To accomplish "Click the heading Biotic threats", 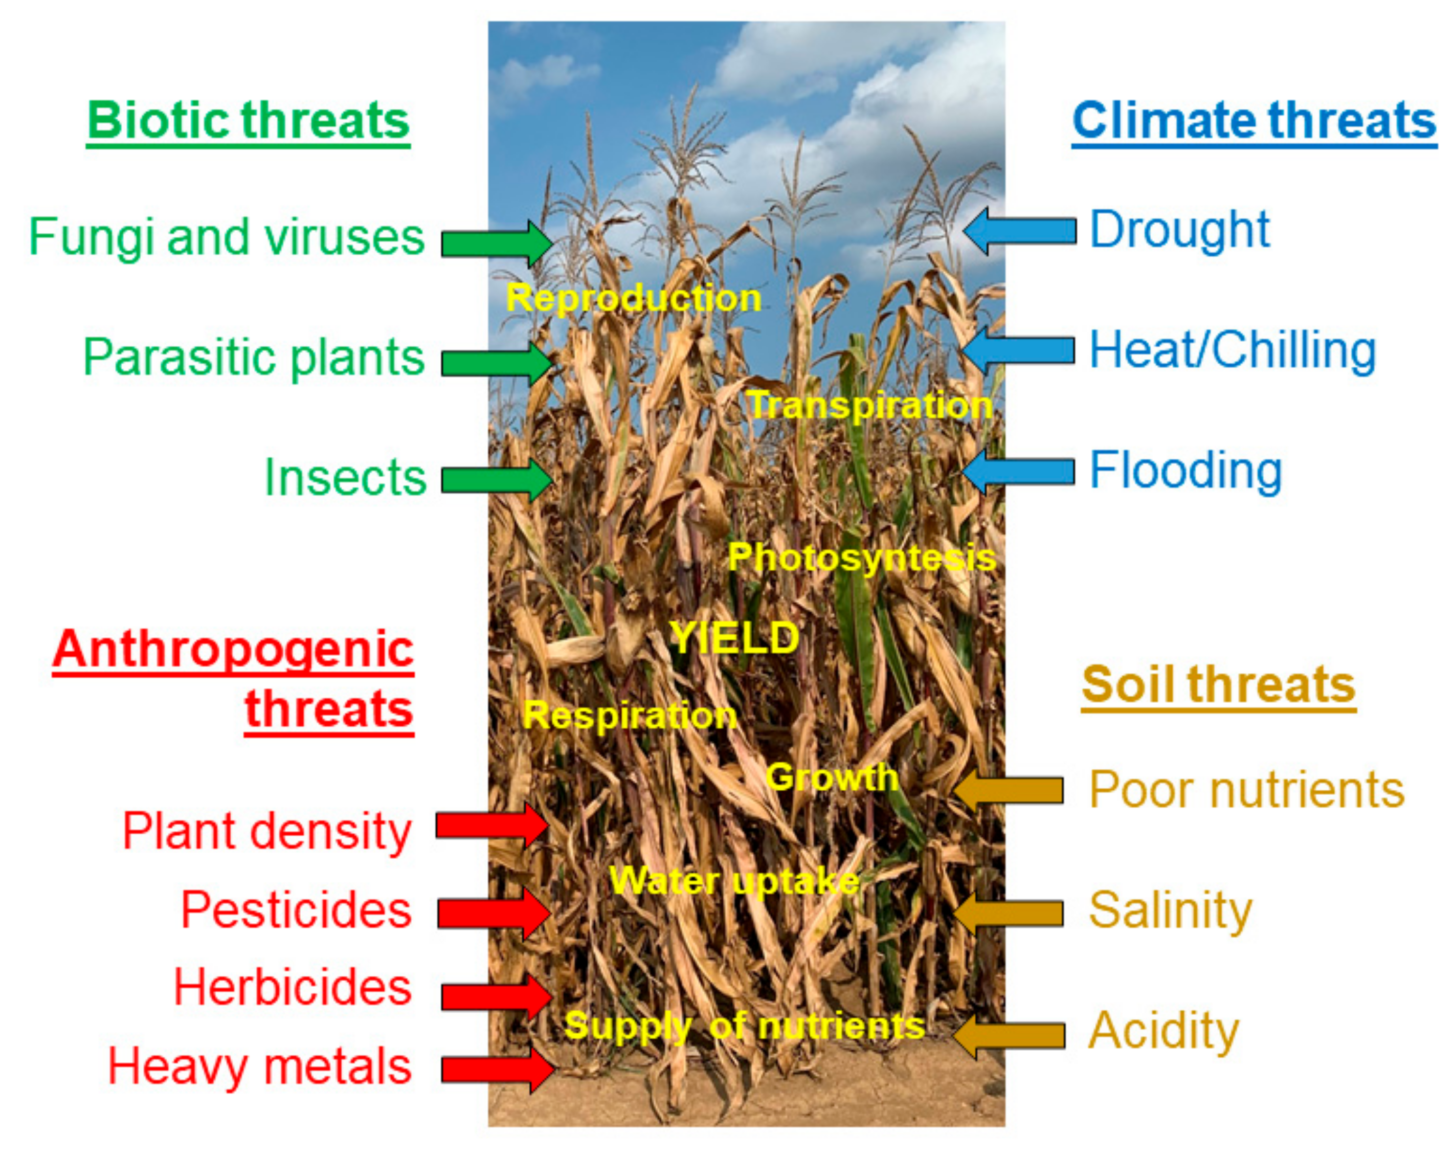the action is point(248,121).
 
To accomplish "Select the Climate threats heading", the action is point(1254,121).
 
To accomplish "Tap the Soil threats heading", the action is point(1218,685).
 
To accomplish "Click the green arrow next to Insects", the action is point(497,480).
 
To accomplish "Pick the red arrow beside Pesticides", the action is point(494,913).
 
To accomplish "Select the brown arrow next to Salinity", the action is point(1008,914).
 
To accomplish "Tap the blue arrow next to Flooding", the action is point(1019,471).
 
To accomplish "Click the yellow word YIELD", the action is point(734,637).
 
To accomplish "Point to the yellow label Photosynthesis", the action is point(862,558).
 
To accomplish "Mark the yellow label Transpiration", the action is point(870,406).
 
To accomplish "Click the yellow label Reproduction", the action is point(634,298).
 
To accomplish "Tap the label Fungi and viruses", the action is point(227,238).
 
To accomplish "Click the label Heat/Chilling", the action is point(1233,350).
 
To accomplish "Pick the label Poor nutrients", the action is point(1247,789).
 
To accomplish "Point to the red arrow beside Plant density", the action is point(492,825).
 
